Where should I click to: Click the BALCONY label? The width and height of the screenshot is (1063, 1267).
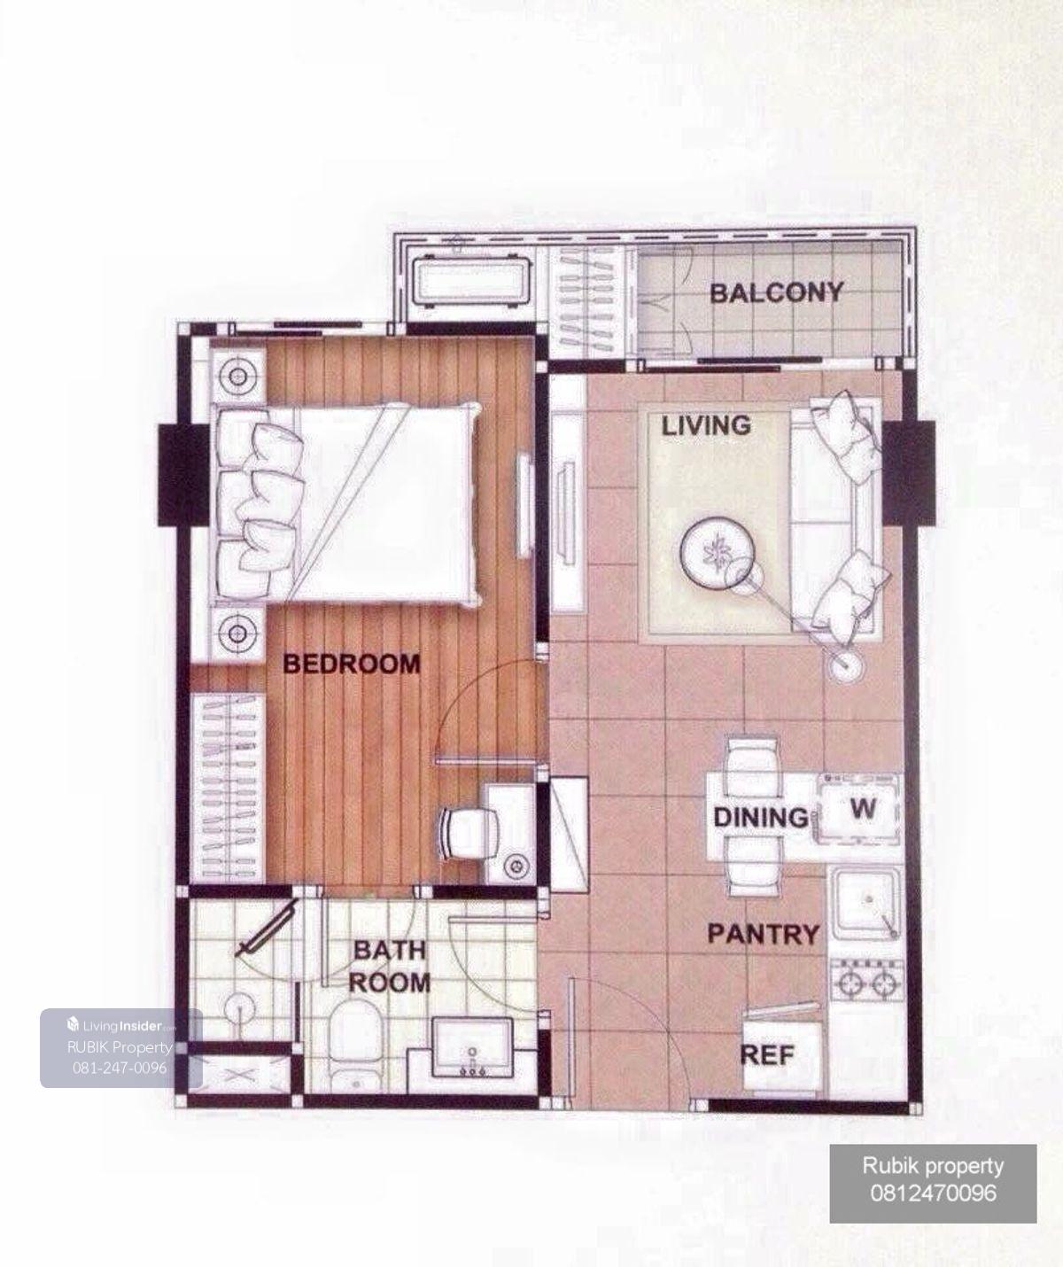[x=777, y=293]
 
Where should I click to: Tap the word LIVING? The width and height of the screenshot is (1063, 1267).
[x=706, y=425]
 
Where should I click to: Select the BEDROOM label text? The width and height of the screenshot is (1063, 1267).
[x=352, y=664]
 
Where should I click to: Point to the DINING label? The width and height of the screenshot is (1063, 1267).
[x=761, y=818]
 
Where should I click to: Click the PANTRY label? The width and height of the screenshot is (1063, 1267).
[x=764, y=934]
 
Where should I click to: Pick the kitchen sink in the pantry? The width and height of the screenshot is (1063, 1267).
[x=865, y=905]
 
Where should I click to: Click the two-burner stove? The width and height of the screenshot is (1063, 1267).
[x=866, y=982]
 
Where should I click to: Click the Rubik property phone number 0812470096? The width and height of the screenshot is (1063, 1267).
[x=933, y=1193]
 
